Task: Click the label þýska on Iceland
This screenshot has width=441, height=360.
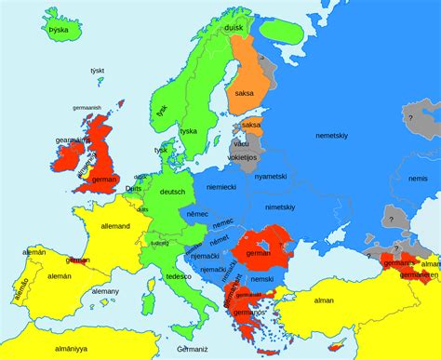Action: coord(58,30)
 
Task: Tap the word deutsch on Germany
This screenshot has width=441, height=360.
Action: coord(172,192)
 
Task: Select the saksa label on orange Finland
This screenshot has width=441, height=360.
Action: coord(244,93)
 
